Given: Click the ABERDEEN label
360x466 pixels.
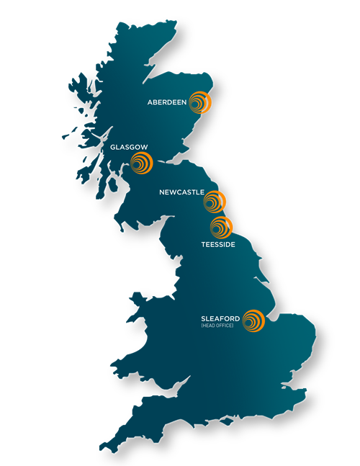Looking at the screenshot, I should (x=167, y=103).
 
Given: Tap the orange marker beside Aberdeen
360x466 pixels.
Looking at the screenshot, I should (x=199, y=104).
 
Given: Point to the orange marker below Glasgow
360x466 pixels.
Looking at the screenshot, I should (x=141, y=164).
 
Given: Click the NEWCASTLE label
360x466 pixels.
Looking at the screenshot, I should (x=181, y=192).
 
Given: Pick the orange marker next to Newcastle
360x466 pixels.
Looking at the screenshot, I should (x=215, y=202).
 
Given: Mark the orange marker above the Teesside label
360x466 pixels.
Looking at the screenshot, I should (x=220, y=228).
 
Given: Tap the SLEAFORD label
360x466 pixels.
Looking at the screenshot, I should (x=221, y=319).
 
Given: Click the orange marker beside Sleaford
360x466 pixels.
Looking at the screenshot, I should (x=253, y=321).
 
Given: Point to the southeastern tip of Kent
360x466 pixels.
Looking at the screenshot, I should (x=305, y=393).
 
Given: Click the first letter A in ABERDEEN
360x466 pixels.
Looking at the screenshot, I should (x=150, y=103).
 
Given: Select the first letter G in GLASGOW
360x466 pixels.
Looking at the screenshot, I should (x=113, y=147).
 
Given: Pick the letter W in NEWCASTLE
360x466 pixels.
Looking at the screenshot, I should (x=176, y=192).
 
